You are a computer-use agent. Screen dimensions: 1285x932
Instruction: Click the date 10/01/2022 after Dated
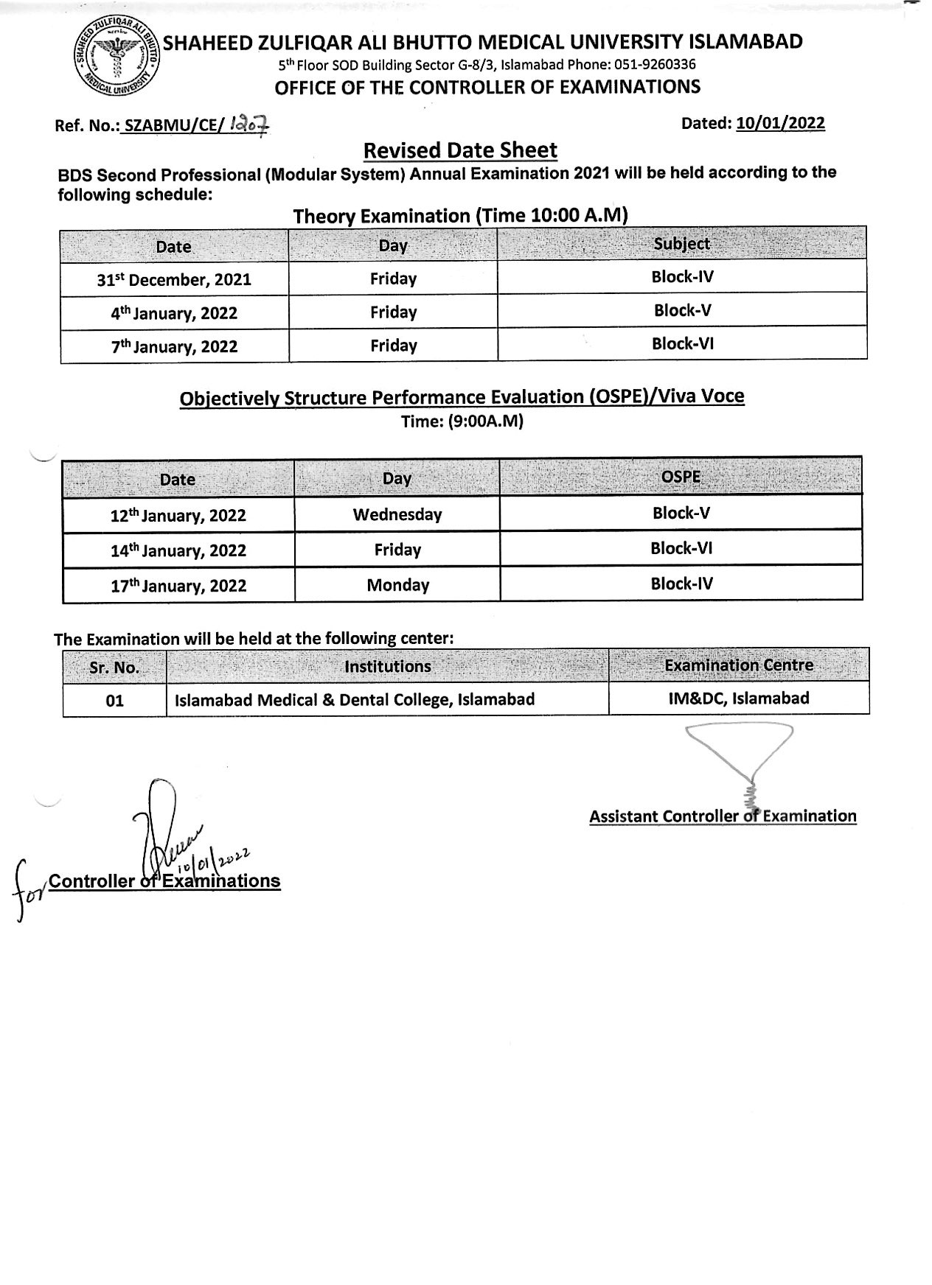[x=780, y=123]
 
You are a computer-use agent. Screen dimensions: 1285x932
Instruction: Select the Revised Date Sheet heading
[x=460, y=150]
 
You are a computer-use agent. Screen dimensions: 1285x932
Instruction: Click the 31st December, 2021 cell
[x=174, y=280]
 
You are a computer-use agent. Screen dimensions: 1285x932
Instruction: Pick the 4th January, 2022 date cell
[x=174, y=313]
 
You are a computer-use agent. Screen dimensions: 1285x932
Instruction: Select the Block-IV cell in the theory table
[x=682, y=277]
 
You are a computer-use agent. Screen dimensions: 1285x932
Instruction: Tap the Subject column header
[x=681, y=244]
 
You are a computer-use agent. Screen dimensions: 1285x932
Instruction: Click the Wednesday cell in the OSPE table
[x=397, y=514]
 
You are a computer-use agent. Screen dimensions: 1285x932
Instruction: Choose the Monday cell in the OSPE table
[x=397, y=585]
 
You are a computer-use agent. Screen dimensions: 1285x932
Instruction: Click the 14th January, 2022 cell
[x=178, y=550]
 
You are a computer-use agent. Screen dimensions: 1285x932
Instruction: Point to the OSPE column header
[x=681, y=477]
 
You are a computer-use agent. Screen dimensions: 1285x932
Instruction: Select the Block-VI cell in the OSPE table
[x=681, y=548]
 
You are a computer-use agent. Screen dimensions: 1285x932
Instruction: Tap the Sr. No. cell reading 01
[x=114, y=700]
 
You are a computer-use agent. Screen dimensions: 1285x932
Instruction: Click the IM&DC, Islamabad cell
[x=738, y=698]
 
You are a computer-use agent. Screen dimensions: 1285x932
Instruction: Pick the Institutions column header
[x=387, y=667]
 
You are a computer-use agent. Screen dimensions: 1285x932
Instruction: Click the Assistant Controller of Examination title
[x=723, y=816]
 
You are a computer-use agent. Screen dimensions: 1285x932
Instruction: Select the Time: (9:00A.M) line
[x=462, y=421]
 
